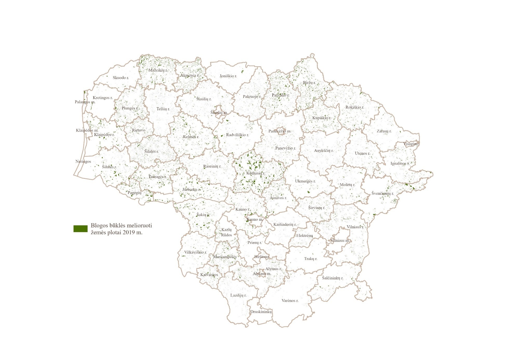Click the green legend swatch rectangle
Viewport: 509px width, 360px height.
point(81,229)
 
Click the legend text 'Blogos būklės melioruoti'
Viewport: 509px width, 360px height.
point(121,225)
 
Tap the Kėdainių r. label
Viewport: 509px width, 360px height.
point(256,173)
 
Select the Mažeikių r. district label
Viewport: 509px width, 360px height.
point(158,70)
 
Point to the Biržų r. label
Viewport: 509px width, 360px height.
point(309,83)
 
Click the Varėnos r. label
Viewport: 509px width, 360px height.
point(290,301)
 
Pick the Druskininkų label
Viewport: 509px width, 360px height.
point(261,312)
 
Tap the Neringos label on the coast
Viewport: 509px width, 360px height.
point(83,161)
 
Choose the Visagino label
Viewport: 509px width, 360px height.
point(411,144)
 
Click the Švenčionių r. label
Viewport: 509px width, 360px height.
point(383,193)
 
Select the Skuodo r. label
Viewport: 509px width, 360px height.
point(121,78)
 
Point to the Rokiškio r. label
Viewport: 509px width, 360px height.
point(355,107)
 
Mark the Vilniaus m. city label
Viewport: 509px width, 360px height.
point(340,240)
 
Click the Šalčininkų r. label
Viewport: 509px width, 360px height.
point(333,278)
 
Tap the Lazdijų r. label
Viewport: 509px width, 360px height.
point(238,295)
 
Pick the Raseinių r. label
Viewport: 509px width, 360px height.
point(212,166)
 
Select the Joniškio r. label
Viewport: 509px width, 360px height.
point(228,76)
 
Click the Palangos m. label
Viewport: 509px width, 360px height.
point(85,102)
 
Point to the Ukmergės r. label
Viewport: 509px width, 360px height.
point(305,181)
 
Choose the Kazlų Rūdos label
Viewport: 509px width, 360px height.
point(226,232)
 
